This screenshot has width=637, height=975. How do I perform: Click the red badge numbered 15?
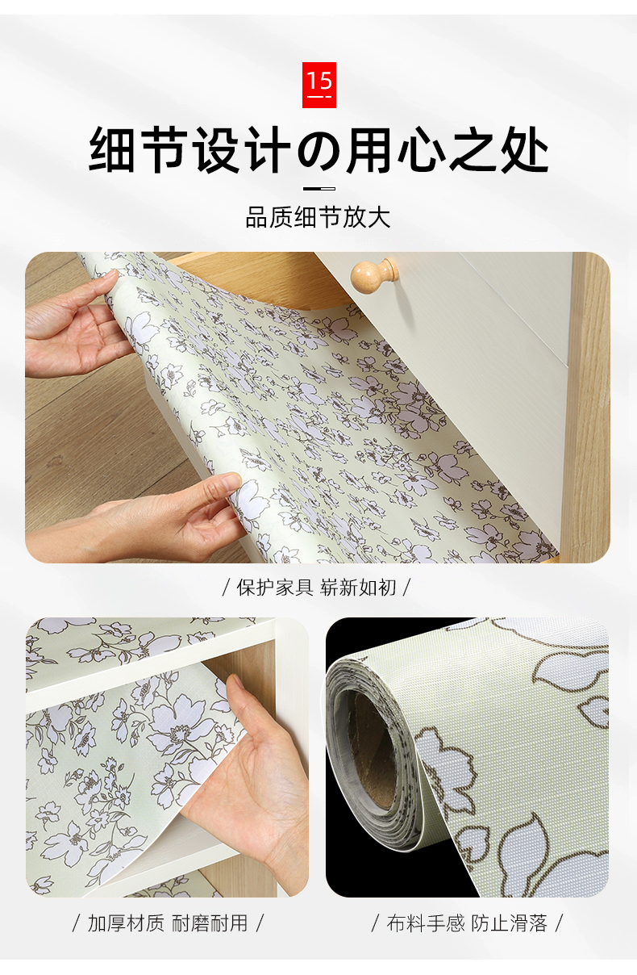319,85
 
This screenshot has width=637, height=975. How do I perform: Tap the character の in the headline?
319,150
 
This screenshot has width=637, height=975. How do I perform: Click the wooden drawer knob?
374,275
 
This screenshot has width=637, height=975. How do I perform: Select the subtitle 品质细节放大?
318,217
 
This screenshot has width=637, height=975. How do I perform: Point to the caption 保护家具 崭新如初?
316,588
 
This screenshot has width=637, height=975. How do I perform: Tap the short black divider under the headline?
319,189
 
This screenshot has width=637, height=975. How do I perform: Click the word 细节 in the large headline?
139,150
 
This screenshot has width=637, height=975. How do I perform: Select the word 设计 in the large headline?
241,150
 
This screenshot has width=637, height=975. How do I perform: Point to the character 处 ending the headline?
524,150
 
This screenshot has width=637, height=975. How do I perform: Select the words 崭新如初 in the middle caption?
358,588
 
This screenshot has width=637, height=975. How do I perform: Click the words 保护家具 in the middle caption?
275,588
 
